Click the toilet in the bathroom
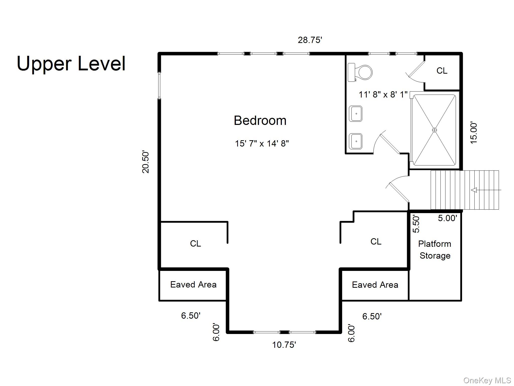[360, 72]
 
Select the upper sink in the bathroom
[356, 114]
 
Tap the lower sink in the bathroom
[356, 141]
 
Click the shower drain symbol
[434, 130]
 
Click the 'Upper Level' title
[71, 64]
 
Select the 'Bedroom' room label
[260, 121]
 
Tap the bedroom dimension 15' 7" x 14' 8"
[262, 143]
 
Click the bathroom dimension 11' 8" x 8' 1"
[383, 94]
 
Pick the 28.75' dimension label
[310, 40]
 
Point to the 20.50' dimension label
[146, 162]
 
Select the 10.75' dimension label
[284, 345]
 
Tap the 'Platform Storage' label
[435, 250]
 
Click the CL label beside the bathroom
[442, 71]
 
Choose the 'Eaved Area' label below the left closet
[193, 284]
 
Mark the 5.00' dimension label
[447, 218]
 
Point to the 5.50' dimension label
[416, 224]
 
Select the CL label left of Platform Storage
[376, 242]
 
